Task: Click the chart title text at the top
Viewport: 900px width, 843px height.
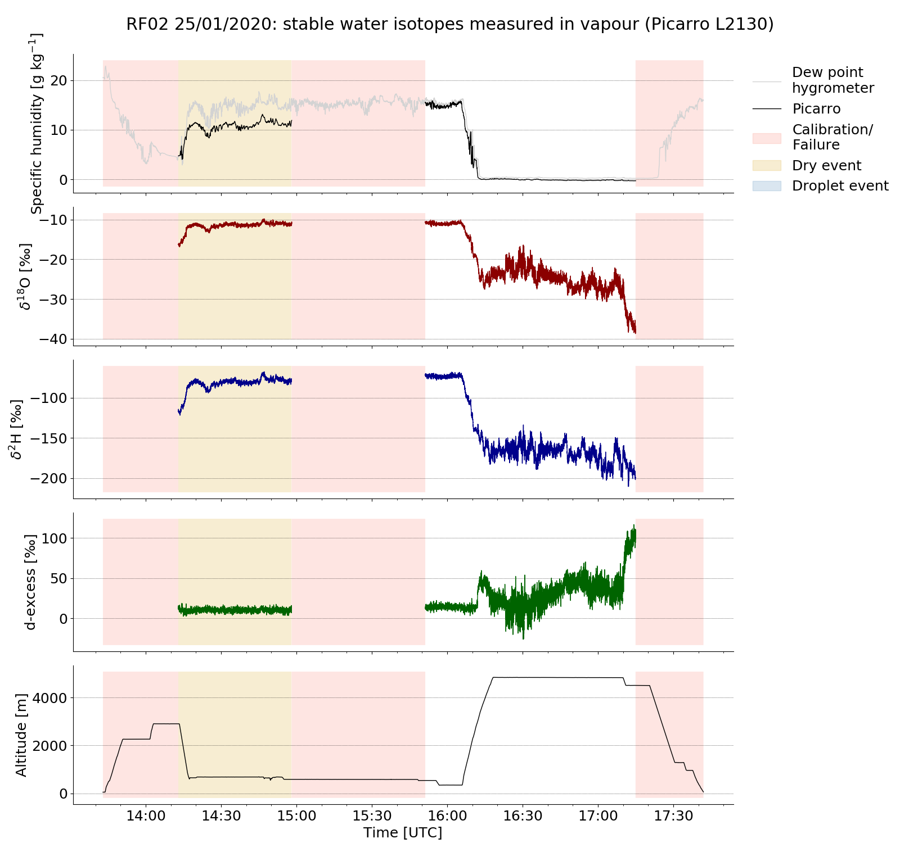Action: tap(449, 24)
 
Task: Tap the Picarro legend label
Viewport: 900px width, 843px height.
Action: tap(816, 109)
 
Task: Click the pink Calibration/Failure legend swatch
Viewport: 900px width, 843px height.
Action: tap(767, 138)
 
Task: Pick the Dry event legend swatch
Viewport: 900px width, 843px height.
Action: tap(767, 165)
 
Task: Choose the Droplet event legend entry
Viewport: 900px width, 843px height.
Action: tap(840, 186)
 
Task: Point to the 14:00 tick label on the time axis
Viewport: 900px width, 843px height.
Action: tap(146, 815)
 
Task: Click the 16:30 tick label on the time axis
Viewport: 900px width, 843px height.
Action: tap(523, 815)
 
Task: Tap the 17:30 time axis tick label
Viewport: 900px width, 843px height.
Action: tap(673, 815)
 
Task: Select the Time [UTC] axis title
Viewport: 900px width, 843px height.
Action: tap(403, 832)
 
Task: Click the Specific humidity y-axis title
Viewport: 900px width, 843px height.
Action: tap(36, 124)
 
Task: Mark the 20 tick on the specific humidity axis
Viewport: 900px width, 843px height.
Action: tap(58, 81)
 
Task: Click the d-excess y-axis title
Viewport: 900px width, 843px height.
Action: tap(30, 582)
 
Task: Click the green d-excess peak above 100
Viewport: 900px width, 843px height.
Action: tap(633, 527)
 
